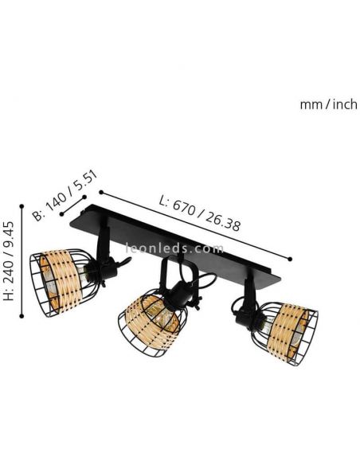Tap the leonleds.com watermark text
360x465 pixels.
(180, 248)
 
